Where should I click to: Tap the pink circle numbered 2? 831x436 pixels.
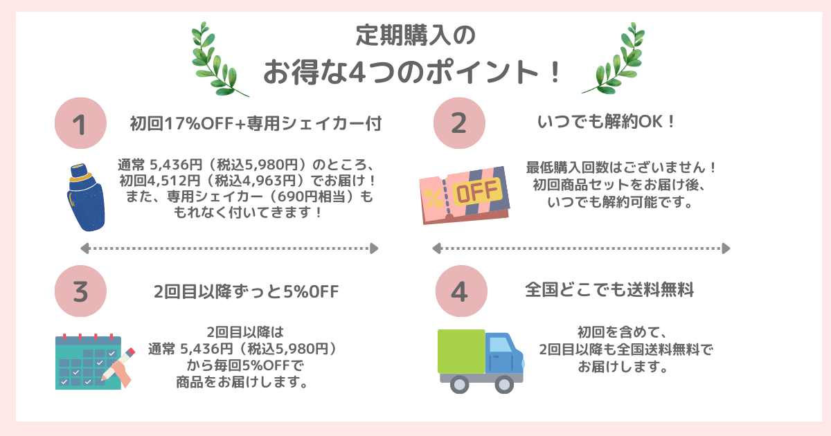pos(459,123)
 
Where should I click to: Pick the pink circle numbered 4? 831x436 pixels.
pos(459,291)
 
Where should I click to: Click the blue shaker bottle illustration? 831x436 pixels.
pos(87,197)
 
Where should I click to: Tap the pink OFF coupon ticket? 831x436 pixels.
pos(464,194)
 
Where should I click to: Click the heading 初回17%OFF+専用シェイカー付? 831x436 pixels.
pos(256,124)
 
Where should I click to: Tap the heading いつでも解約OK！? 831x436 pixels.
pos(607,122)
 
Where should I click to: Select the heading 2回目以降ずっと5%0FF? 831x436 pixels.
pos(246,291)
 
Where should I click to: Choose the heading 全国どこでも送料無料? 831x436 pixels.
pos(609,290)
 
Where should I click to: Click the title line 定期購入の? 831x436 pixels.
pos(415,35)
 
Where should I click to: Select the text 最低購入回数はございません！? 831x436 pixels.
pos(621,168)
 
